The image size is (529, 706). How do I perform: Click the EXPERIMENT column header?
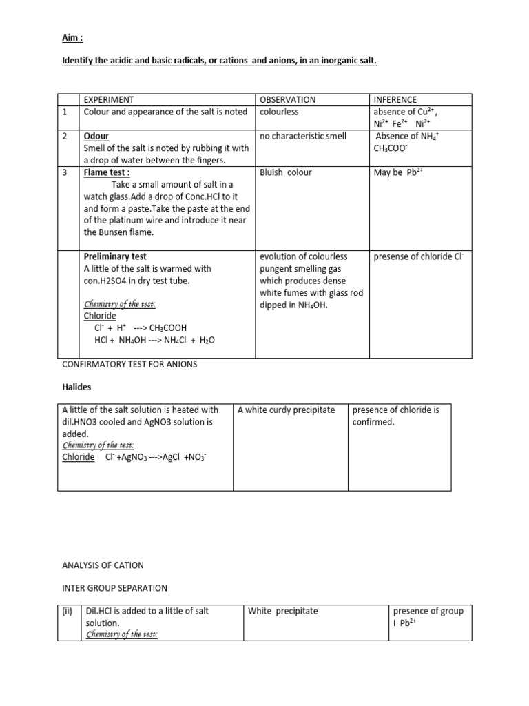click(109, 100)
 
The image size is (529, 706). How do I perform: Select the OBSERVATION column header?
click(287, 100)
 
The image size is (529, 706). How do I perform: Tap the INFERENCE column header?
click(395, 100)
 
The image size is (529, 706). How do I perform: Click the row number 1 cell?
click(64, 112)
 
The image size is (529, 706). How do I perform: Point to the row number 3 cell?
click(64, 172)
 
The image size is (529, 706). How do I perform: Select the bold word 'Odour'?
click(96, 136)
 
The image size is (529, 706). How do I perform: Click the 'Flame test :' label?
click(107, 172)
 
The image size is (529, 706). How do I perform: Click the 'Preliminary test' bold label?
click(115, 256)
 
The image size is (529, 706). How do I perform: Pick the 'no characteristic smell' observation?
click(303, 136)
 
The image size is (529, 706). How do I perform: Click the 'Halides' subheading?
click(76, 387)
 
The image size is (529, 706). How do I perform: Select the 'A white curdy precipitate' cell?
click(286, 410)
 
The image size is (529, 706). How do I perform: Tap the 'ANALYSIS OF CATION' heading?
click(103, 565)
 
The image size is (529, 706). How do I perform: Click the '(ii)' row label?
click(68, 611)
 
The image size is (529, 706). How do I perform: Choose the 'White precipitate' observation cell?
click(283, 611)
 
